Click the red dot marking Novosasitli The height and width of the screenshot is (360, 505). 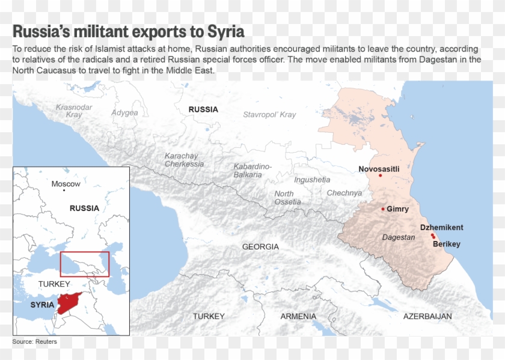380,175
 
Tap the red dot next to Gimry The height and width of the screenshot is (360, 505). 383,209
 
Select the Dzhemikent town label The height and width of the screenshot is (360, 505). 441,227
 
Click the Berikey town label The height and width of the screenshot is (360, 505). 447,244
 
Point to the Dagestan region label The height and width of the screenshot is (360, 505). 399,237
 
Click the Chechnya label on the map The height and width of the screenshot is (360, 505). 344,193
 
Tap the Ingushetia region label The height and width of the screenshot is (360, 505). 312,180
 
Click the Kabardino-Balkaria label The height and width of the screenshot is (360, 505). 252,170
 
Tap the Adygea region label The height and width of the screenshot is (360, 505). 124,112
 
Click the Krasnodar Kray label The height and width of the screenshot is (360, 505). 74,111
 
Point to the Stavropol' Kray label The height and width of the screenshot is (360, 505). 269,114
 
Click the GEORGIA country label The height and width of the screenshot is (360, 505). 260,247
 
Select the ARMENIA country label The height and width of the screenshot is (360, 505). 298,316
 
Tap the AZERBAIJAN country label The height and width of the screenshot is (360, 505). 427,316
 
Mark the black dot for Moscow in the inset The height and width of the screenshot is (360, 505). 64,191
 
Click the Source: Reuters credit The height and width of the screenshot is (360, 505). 34,341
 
